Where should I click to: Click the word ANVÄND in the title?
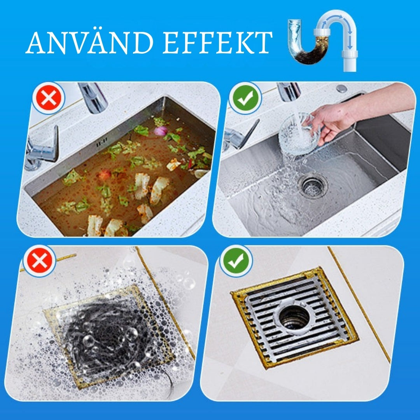89,42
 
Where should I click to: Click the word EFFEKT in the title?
217,43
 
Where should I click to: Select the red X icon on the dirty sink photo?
49,98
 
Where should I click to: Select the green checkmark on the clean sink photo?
245,98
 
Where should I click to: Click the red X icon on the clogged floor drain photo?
39,261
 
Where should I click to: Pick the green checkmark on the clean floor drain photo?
236,261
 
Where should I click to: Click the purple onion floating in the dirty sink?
161,131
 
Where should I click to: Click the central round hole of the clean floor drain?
294,317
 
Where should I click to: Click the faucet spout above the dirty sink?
93,98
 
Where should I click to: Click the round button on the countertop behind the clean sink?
341,89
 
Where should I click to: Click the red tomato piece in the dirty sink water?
105,175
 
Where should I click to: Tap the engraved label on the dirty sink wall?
102,145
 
